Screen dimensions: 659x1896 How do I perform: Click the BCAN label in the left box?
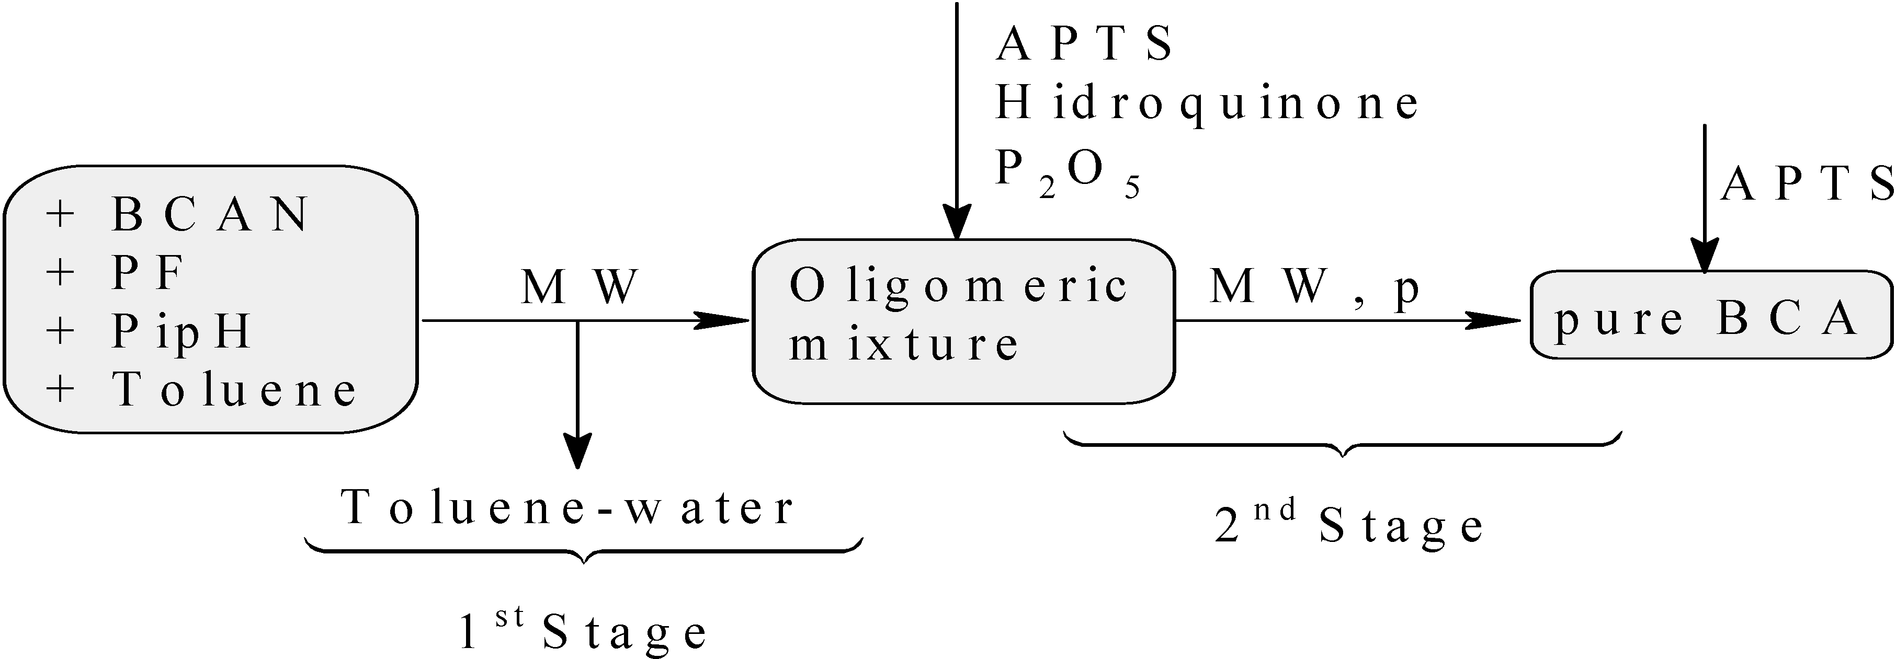coord(210,214)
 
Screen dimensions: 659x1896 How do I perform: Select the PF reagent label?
coord(147,273)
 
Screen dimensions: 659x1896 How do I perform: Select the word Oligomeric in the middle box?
coord(958,286)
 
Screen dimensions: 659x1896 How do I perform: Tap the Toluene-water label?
coord(567,507)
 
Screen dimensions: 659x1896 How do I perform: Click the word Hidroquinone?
coord(1207,103)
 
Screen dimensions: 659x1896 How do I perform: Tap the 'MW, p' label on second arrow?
coord(1314,286)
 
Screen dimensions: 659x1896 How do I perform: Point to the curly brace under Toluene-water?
coord(584,550)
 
